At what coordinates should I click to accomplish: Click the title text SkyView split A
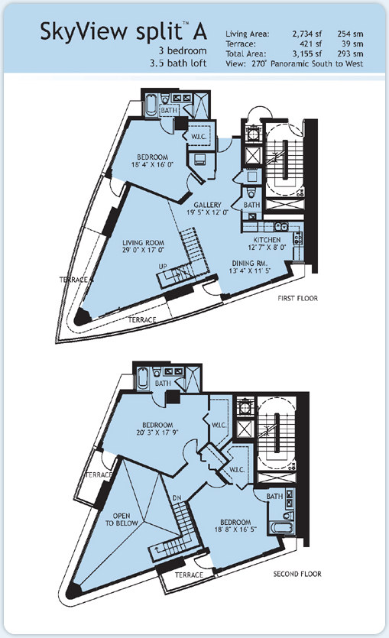123,32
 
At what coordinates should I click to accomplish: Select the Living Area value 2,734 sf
306,34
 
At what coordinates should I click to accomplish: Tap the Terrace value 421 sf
311,44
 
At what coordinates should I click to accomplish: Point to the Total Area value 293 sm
350,53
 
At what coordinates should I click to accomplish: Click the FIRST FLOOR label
297,298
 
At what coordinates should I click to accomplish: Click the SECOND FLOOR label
297,574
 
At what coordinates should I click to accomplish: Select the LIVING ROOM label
143,243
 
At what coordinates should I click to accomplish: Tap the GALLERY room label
207,205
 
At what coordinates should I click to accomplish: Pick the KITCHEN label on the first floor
267,240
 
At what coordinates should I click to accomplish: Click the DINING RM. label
248,263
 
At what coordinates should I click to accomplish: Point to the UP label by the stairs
163,266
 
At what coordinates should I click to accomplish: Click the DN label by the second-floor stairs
177,497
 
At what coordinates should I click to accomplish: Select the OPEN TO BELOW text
122,520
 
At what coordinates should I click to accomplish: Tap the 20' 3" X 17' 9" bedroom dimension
157,432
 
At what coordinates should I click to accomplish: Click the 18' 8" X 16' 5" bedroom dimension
235,530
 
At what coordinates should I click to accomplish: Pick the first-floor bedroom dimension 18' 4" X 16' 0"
152,165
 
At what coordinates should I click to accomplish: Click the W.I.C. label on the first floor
199,136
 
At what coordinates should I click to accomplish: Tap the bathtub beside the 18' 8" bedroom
281,528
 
